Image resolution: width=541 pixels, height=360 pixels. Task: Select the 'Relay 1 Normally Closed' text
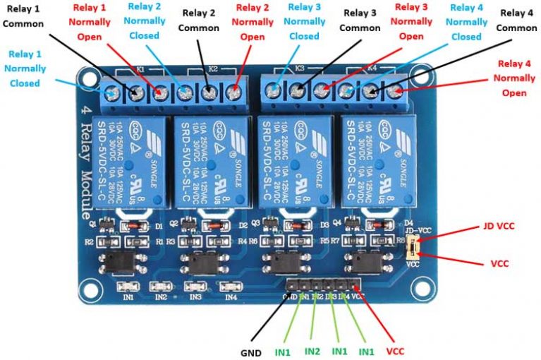tap(25, 68)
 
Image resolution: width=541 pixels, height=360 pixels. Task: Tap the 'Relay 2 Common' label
tap(198, 20)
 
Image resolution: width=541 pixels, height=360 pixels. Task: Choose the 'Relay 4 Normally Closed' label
tap(466, 22)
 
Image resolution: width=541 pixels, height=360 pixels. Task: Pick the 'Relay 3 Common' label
tap(360, 20)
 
